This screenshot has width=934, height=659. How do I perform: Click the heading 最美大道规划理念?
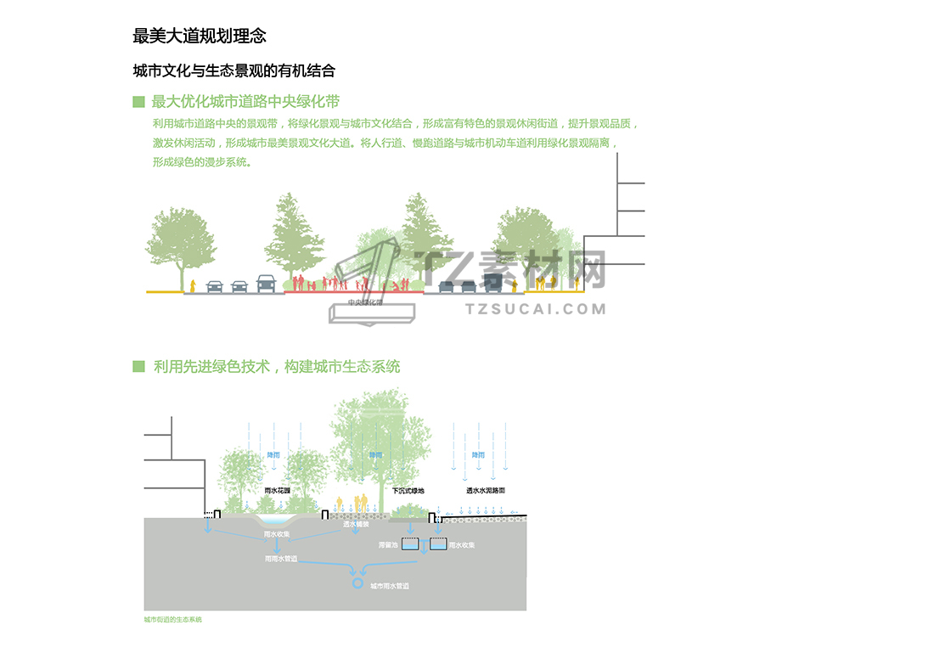200,36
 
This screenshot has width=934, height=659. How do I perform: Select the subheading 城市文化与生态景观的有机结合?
233,70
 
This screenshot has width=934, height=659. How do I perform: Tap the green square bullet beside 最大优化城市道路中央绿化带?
138,102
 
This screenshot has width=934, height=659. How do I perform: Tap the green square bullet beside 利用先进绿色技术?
138,366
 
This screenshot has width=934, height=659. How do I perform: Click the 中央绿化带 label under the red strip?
365,302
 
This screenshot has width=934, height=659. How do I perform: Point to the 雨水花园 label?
278,491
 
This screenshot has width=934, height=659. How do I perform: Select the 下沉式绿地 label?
408,491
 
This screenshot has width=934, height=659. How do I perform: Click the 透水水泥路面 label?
485,491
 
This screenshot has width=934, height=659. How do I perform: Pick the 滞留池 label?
388,545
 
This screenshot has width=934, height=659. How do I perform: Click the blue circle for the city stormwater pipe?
357,583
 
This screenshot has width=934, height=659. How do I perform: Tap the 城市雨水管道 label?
390,587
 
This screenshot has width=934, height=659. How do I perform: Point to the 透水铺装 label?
355,525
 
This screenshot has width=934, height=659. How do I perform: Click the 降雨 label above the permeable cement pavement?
478,455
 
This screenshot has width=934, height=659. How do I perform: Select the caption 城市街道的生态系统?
173,620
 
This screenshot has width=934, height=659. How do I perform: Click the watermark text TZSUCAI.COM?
536,308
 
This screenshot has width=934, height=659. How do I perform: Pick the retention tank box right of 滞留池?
409,544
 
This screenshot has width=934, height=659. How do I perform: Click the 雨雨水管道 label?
281,560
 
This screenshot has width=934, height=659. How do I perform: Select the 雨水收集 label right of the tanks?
461,545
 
